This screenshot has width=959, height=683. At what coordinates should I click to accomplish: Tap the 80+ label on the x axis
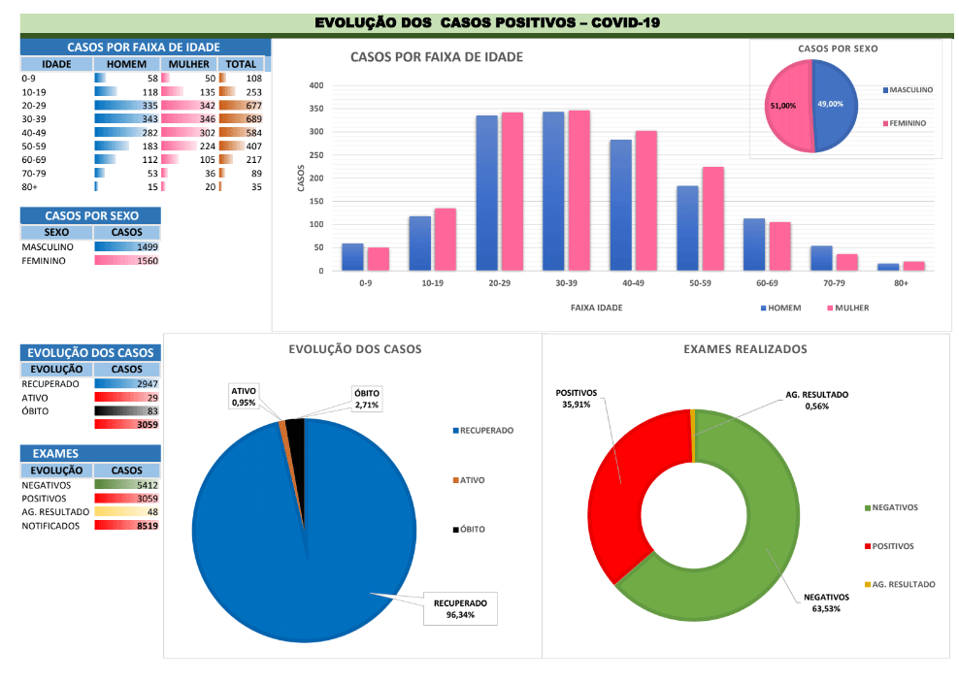click(901, 284)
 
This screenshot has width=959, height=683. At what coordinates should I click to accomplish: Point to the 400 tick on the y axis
click(316, 85)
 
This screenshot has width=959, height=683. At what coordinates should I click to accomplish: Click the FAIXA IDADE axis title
click(596, 308)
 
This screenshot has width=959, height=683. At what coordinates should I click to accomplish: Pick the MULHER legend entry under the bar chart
click(846, 308)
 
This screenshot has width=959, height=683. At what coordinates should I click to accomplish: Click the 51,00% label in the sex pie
click(782, 105)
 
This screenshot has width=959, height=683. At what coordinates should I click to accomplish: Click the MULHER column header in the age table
click(188, 64)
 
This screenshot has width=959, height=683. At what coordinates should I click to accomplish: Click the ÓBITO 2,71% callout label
click(367, 398)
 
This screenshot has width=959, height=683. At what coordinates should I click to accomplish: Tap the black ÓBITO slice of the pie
click(295, 428)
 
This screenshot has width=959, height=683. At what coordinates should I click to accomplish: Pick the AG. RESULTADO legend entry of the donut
click(903, 584)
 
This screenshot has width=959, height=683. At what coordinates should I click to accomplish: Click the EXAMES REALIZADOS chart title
click(744, 349)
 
